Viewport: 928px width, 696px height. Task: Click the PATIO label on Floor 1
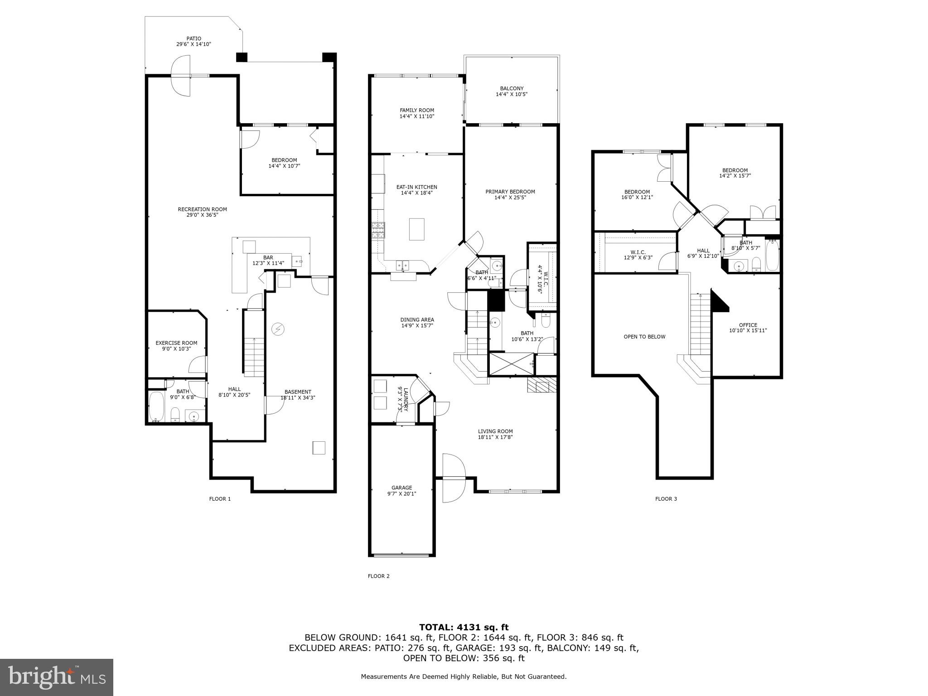click(x=193, y=39)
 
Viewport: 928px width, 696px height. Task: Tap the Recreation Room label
click(x=202, y=209)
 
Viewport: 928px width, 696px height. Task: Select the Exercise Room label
click(x=176, y=343)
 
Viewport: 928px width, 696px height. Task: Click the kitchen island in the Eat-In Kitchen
click(x=416, y=229)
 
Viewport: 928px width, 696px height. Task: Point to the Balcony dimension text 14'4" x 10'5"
click(x=512, y=95)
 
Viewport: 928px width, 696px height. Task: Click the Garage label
click(x=402, y=488)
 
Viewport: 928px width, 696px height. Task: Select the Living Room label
click(x=495, y=431)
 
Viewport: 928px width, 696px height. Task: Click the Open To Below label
click(x=644, y=337)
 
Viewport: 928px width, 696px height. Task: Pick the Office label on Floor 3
click(x=748, y=325)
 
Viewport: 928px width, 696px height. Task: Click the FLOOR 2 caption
click(x=378, y=576)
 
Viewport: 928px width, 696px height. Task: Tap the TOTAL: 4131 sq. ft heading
click(x=464, y=627)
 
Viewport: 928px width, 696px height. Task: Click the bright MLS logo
click(x=57, y=677)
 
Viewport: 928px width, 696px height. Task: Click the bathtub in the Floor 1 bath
click(x=157, y=406)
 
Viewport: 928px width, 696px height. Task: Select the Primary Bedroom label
click(x=510, y=192)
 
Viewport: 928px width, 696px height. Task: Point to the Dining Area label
click(x=417, y=319)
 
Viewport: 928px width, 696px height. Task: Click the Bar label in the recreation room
click(x=268, y=257)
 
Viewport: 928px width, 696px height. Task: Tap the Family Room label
click(x=416, y=110)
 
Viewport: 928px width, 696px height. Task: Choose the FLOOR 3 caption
click(x=666, y=499)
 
